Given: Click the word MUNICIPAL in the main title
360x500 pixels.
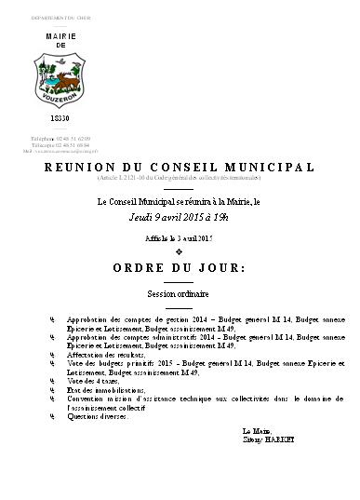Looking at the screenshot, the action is [x=270, y=168].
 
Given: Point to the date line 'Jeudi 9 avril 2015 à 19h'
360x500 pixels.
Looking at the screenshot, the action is [x=178, y=217].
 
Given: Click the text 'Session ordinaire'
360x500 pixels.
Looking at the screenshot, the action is [x=179, y=292].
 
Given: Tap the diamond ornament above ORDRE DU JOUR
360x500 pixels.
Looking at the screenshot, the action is [x=178, y=252].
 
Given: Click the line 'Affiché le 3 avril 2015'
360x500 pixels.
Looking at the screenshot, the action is [x=179, y=239].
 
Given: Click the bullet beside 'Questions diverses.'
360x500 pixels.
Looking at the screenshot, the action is [x=53, y=417].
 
